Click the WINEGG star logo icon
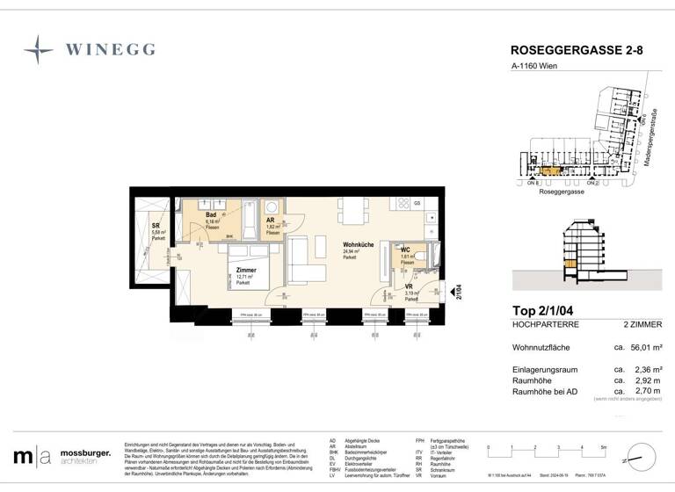point(39,49)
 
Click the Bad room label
point(212,215)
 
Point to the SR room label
point(155,225)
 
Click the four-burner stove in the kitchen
point(403,204)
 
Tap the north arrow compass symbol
point(642,456)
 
